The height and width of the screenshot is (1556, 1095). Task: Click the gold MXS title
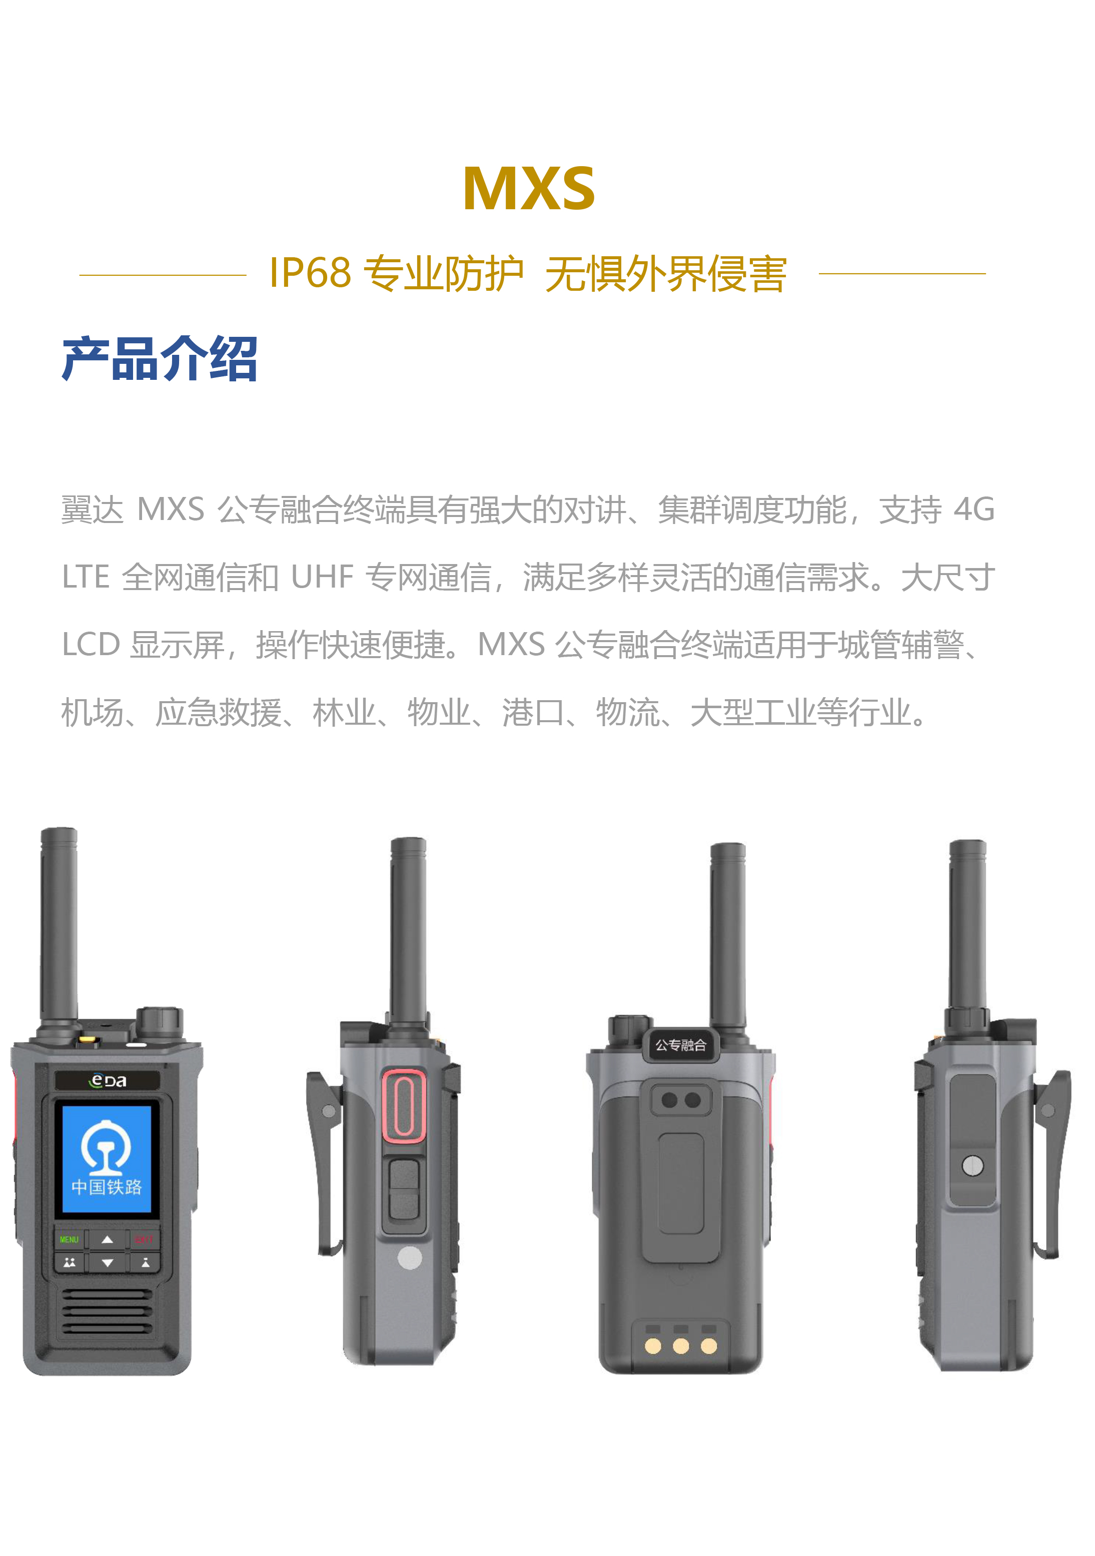(529, 188)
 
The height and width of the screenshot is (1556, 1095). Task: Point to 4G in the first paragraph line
(974, 509)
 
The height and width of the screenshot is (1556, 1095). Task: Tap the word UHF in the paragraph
(322, 578)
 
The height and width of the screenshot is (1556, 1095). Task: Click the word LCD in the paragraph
(91, 645)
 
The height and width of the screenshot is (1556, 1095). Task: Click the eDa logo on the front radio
(108, 1080)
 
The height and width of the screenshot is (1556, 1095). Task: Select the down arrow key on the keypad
(108, 1263)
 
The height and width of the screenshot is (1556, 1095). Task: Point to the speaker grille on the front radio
(107, 1311)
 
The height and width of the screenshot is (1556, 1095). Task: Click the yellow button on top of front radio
(88, 1038)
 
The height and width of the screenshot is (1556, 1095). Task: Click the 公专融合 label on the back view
(681, 1045)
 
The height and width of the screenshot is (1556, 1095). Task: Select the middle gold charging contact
(681, 1346)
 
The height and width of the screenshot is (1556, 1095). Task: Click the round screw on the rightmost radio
(972, 1166)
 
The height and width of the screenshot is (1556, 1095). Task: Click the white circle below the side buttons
(410, 1258)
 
